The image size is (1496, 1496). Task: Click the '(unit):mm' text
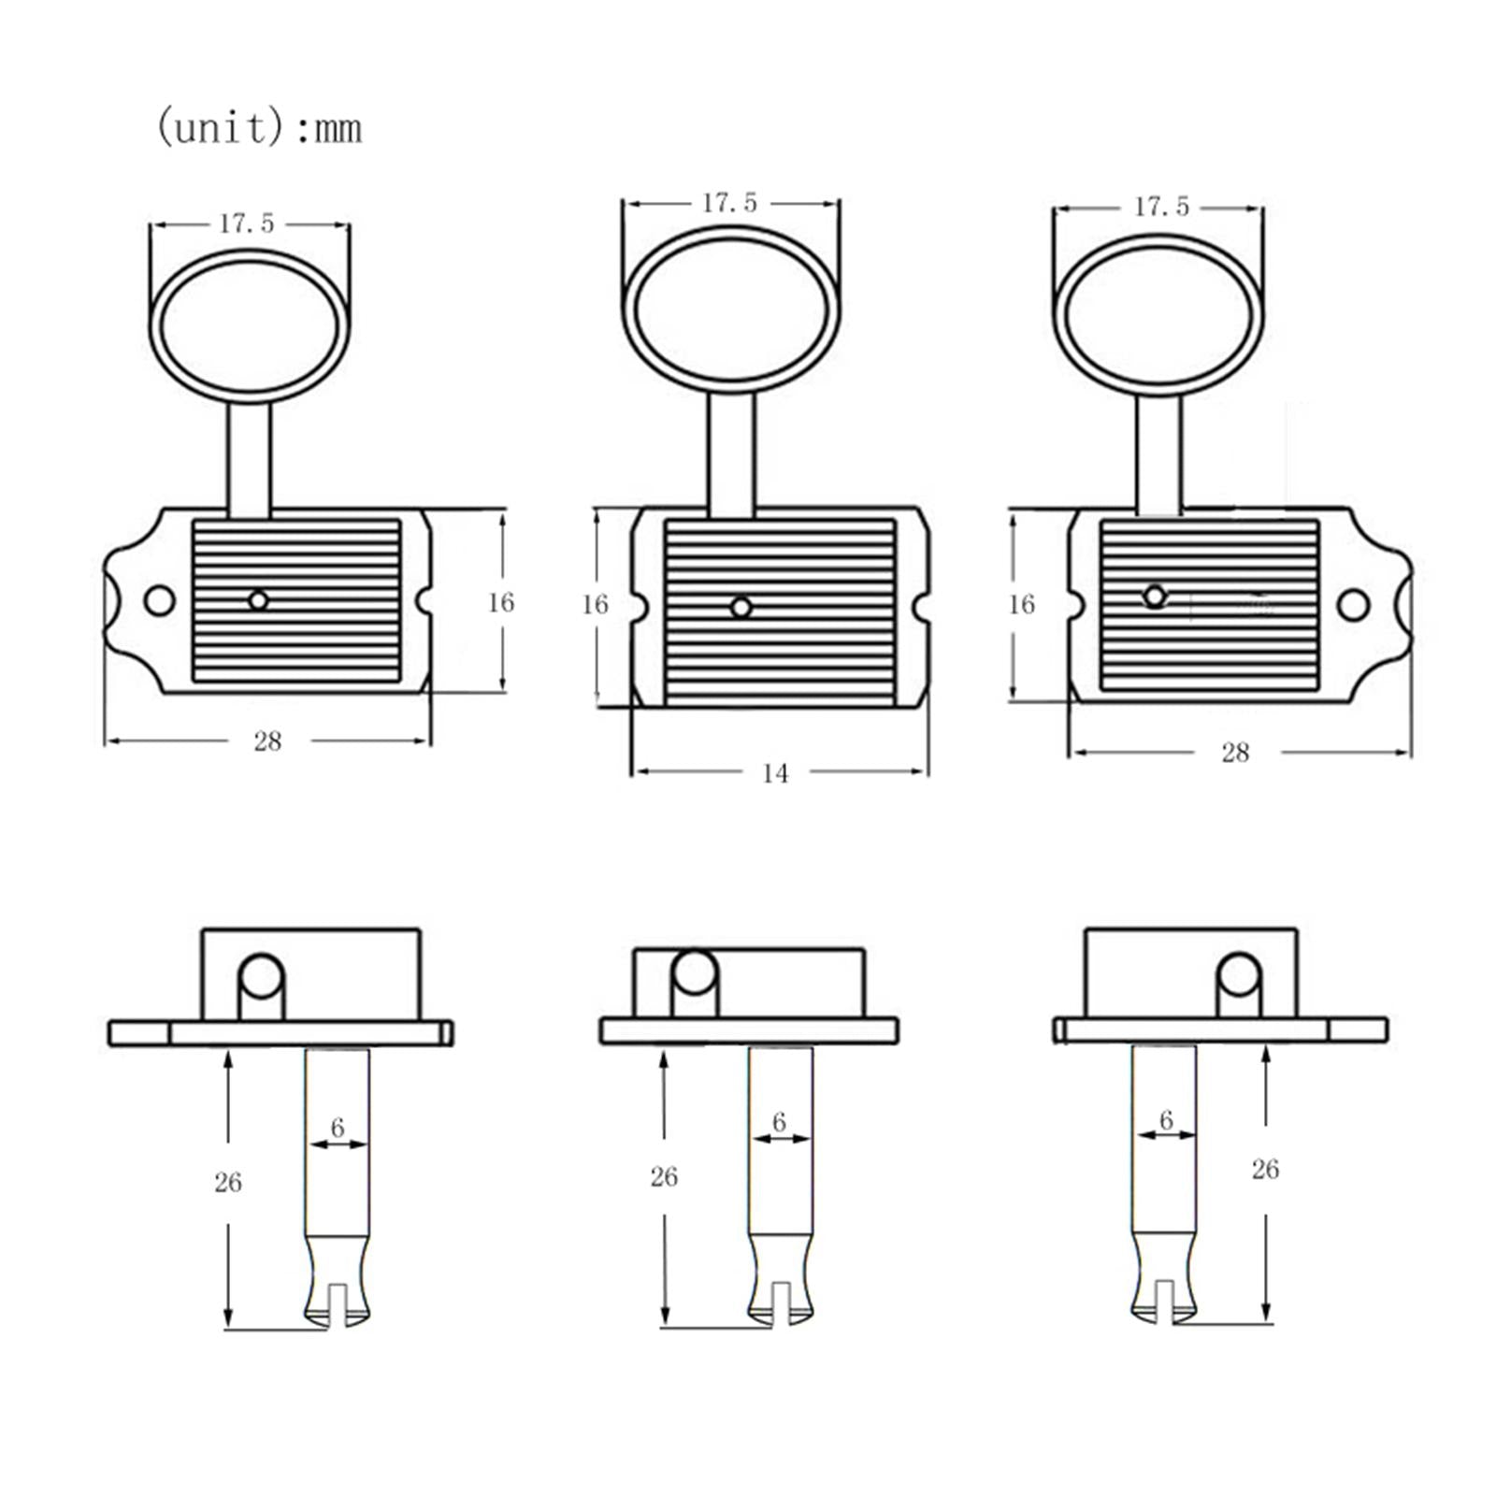point(258,127)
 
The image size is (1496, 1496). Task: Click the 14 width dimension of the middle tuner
point(774,773)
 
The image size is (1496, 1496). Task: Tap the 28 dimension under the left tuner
point(267,741)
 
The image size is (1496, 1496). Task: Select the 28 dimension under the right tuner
point(1235,753)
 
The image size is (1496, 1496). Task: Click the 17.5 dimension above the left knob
point(247,223)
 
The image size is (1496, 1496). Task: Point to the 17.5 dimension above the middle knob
point(730,203)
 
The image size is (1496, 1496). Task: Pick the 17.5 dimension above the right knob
point(1161,207)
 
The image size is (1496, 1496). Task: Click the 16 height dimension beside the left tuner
point(500,602)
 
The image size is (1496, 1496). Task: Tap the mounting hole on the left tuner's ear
point(160,600)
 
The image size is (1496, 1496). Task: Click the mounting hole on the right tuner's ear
point(1353,605)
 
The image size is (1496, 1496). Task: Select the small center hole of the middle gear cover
point(741,608)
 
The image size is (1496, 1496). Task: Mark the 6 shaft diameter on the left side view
point(338,1128)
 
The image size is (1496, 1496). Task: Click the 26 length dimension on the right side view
point(1264,1169)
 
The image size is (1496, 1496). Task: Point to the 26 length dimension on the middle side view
point(664,1176)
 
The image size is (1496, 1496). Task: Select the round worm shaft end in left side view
point(262,977)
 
